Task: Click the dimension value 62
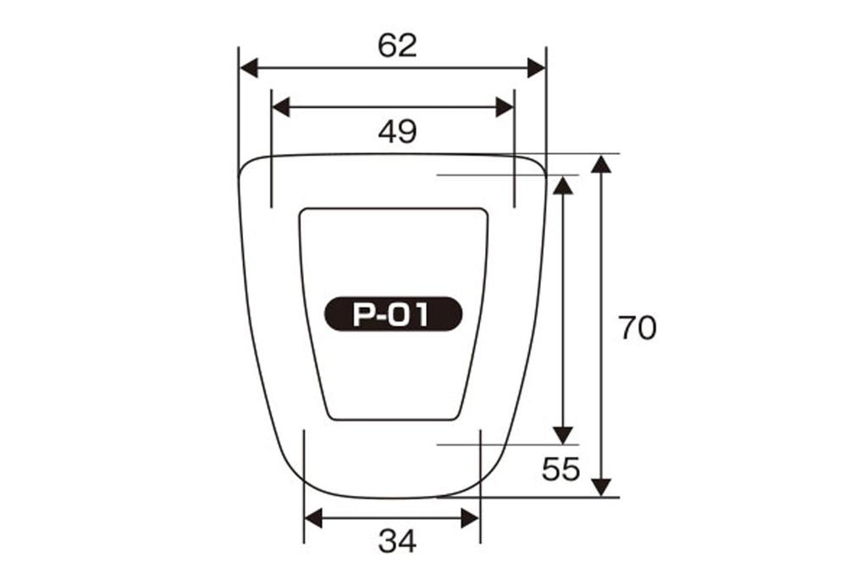point(397,46)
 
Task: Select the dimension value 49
point(397,131)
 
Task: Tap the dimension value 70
point(637,327)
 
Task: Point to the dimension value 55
point(561,470)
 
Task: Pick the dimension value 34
point(397,541)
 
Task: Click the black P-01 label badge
point(393,314)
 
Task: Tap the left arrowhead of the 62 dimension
point(250,69)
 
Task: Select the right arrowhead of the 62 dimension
point(536,69)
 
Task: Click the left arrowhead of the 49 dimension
point(281,107)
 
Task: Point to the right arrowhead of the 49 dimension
point(505,107)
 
